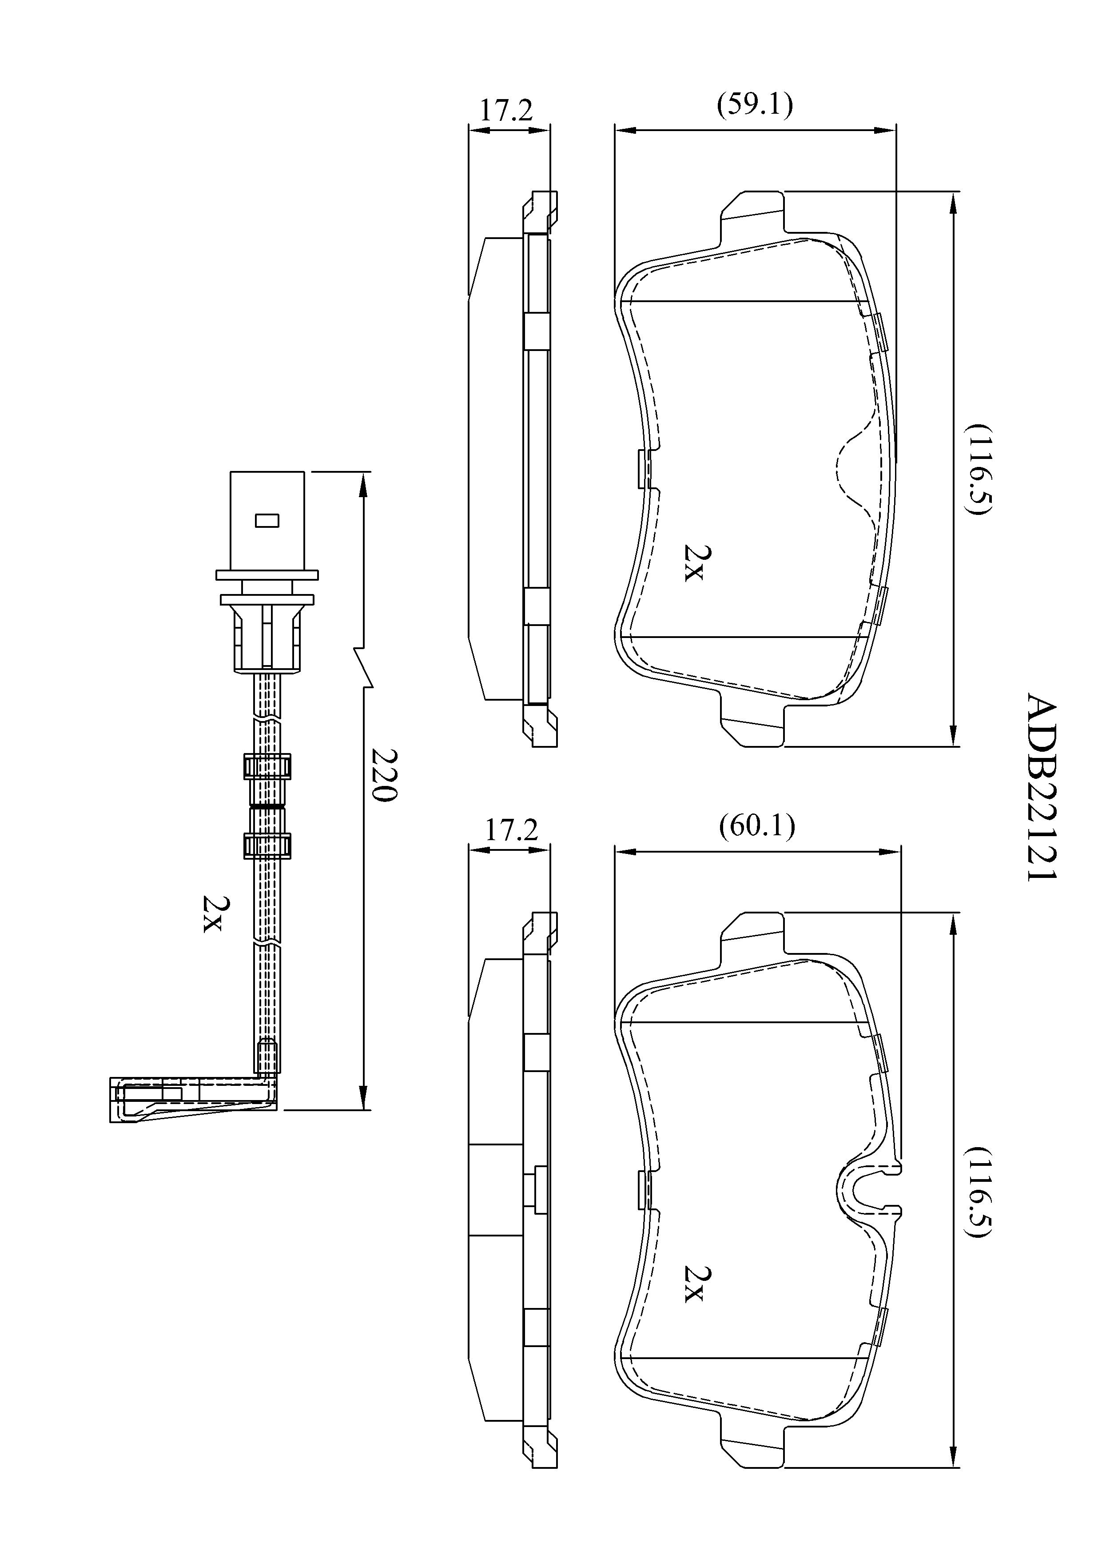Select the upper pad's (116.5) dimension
(980, 469)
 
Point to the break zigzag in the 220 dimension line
(365, 667)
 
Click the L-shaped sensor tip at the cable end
(194, 1099)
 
